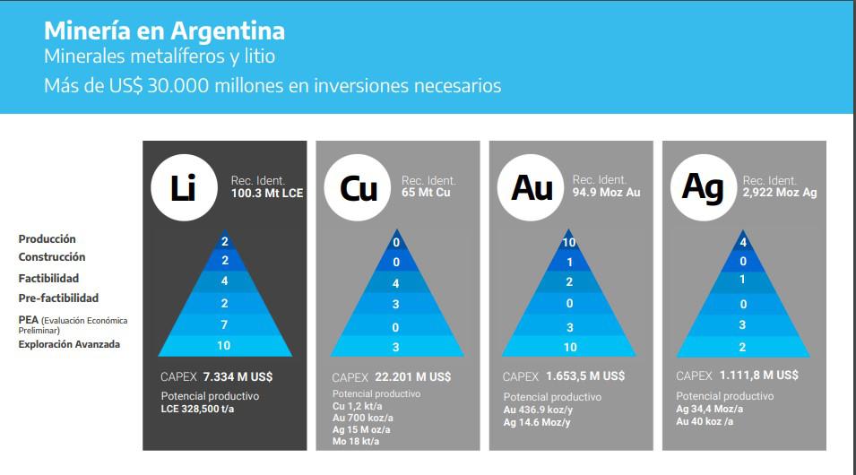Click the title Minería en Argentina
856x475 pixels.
[x=164, y=30]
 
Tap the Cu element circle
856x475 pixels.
[x=357, y=187]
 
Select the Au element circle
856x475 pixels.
[x=531, y=187]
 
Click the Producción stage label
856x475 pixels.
[x=48, y=239]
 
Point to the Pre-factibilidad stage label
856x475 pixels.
[x=58, y=298]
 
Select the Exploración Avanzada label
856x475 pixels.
[x=69, y=344]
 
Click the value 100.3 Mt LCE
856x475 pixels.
[x=267, y=193]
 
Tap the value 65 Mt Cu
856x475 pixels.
[x=426, y=193]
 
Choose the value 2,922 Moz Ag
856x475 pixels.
[x=780, y=193]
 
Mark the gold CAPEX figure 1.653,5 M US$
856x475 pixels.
[x=587, y=376]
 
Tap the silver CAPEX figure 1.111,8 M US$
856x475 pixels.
[x=761, y=376]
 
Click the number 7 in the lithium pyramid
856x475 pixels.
[x=225, y=324]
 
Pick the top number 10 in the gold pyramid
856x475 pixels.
[x=568, y=243]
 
